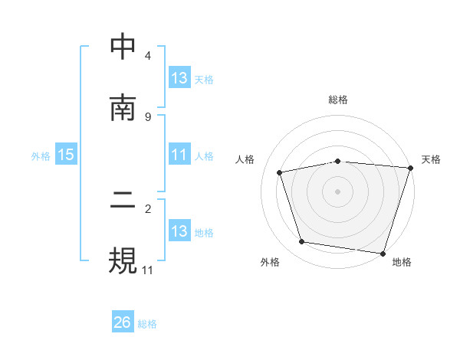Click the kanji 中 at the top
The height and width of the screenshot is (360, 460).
(123, 47)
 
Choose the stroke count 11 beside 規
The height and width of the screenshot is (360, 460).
(148, 270)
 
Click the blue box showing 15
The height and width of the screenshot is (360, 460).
(66, 155)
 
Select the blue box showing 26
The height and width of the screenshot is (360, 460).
(123, 323)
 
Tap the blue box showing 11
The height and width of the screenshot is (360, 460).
(179, 155)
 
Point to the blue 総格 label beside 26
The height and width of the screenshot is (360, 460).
(147, 324)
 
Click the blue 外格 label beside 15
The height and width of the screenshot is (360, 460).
(41, 156)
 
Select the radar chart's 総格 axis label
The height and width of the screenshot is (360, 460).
(338, 100)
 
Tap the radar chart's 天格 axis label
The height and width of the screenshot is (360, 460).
(431, 159)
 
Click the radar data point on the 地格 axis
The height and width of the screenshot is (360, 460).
(383, 253)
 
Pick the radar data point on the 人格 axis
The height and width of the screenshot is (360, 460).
(280, 172)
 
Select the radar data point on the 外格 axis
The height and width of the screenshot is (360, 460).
(302, 242)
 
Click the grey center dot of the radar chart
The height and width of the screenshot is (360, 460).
(338, 191)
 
